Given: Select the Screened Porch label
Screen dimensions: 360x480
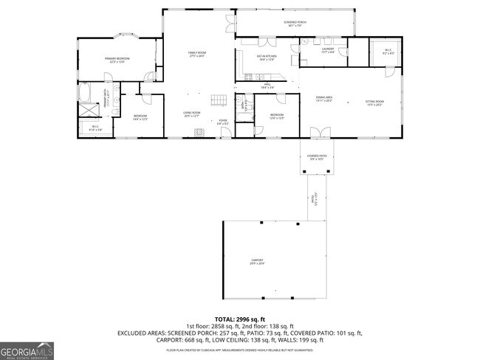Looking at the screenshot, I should [x=295, y=24].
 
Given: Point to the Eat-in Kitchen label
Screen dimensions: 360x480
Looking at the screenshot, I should [x=266, y=58].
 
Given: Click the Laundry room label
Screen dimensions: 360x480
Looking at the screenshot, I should [x=328, y=51].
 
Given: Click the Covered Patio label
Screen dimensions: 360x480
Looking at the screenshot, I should [x=316, y=158].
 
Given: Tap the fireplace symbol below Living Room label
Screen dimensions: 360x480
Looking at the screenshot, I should [x=197, y=133].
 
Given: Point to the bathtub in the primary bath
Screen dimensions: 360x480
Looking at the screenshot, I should [x=83, y=94].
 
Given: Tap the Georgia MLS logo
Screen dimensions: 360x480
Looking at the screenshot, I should [x=27, y=350].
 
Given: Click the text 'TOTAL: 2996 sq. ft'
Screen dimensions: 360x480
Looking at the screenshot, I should [x=240, y=318].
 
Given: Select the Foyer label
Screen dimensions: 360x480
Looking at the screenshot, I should [x=222, y=122].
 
